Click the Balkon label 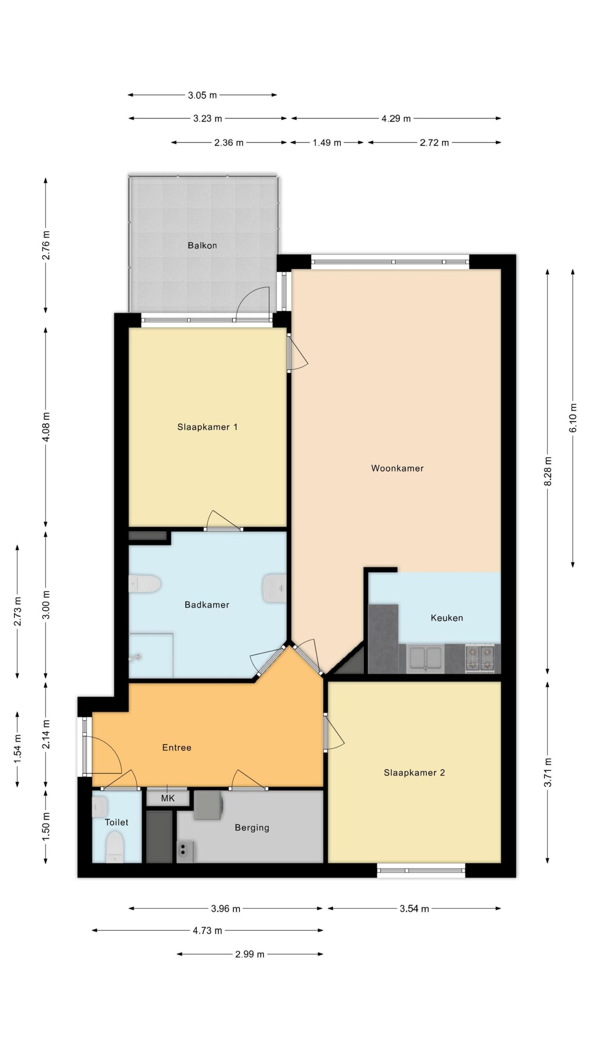coord(202,245)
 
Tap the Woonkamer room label coord(397,468)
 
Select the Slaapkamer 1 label coord(207,427)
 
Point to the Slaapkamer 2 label coord(414,772)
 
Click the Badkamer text coord(207,604)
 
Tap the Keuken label coord(447,618)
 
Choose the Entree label coord(177,747)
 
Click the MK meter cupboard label coord(168,798)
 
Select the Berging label coord(252,827)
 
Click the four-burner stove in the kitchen coord(480,658)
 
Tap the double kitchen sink coord(426,658)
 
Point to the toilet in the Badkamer coord(144,584)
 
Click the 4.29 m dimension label coord(396,119)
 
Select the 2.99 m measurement coord(250,954)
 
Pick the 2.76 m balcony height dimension coord(46,245)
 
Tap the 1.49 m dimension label coord(327,143)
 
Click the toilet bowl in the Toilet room coord(115,845)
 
